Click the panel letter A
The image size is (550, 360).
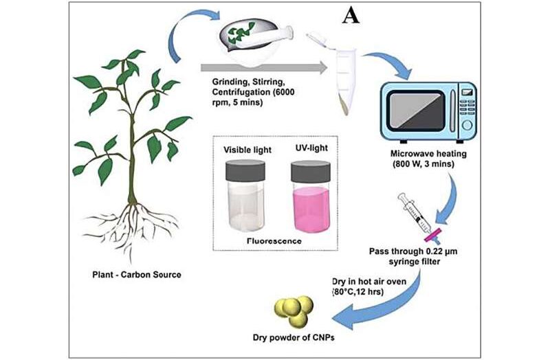pyautogui.click(x=351, y=16)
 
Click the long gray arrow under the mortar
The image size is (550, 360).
pyautogui.click(x=264, y=67)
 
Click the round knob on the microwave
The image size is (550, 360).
pyautogui.click(x=467, y=125)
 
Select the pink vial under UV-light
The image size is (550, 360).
pyautogui.click(x=311, y=196)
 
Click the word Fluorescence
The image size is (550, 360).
pyautogui.click(x=274, y=241)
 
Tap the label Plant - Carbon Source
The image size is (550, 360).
pyautogui.click(x=137, y=275)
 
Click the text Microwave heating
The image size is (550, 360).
pyautogui.click(x=428, y=153)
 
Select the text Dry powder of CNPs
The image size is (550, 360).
pyautogui.click(x=294, y=337)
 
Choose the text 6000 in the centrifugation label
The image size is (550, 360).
pyautogui.click(x=283, y=92)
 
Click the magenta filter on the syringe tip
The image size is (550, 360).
pyautogui.click(x=434, y=235)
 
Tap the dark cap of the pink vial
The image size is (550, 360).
pyautogui.click(x=311, y=171)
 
